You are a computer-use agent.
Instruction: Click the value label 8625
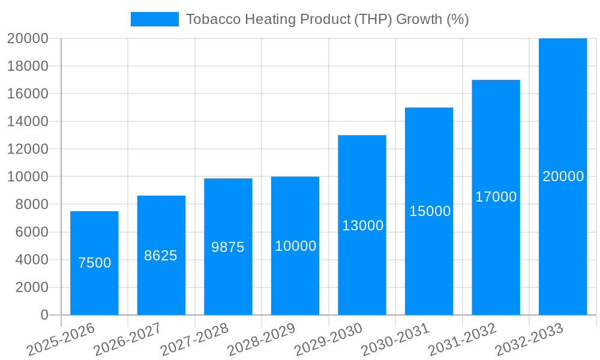pos(161,256)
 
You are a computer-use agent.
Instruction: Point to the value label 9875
pos(228,247)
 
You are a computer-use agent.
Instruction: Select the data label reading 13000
pos(362,226)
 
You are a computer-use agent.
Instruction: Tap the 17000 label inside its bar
pos(496,197)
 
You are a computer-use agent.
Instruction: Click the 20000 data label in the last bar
pos(563,176)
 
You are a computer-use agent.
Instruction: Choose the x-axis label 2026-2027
pos(128,338)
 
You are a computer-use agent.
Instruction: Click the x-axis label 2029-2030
pos(329,338)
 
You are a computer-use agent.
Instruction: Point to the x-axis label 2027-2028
pos(195,338)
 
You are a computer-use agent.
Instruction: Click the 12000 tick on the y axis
pos(28,149)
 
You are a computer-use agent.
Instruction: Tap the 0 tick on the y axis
pos(44,315)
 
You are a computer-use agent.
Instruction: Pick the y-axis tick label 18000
pos(28,66)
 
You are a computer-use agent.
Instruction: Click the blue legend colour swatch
pos(154,19)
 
